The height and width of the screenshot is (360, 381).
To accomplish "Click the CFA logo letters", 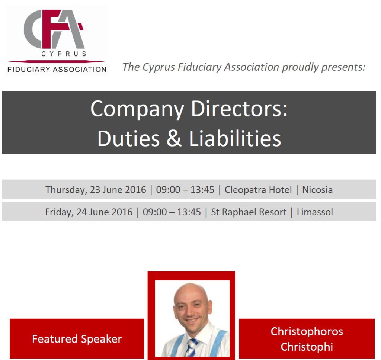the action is pos(54,29).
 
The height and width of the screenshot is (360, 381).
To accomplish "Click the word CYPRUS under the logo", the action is pos(64,54).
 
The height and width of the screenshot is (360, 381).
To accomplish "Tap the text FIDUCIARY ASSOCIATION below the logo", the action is pos(57,70).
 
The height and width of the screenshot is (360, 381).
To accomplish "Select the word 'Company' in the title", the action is pos(137,109).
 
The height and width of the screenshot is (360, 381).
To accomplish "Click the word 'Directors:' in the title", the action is pos(239,109).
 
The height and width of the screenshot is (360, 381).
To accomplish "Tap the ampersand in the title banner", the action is pos(174,138).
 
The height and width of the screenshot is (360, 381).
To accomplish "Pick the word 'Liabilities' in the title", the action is pos(235,138).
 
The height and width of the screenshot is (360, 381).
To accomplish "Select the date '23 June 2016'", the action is pos(118,189).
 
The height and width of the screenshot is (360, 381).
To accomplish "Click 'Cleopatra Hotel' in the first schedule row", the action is pos(258,189).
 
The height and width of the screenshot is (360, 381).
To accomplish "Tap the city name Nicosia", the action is pos(317,189).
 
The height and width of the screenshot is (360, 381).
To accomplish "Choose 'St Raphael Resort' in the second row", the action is pos(249,212).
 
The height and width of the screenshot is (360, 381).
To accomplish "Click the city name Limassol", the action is pos(315,212).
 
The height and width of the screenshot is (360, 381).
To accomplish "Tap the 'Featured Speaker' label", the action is pos(77,339).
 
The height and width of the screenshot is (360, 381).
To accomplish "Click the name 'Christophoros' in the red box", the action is pos(307,332).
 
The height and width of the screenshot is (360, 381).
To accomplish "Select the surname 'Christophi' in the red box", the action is pos(307,347).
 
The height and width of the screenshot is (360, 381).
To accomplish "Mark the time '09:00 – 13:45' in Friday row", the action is pos(172,212).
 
